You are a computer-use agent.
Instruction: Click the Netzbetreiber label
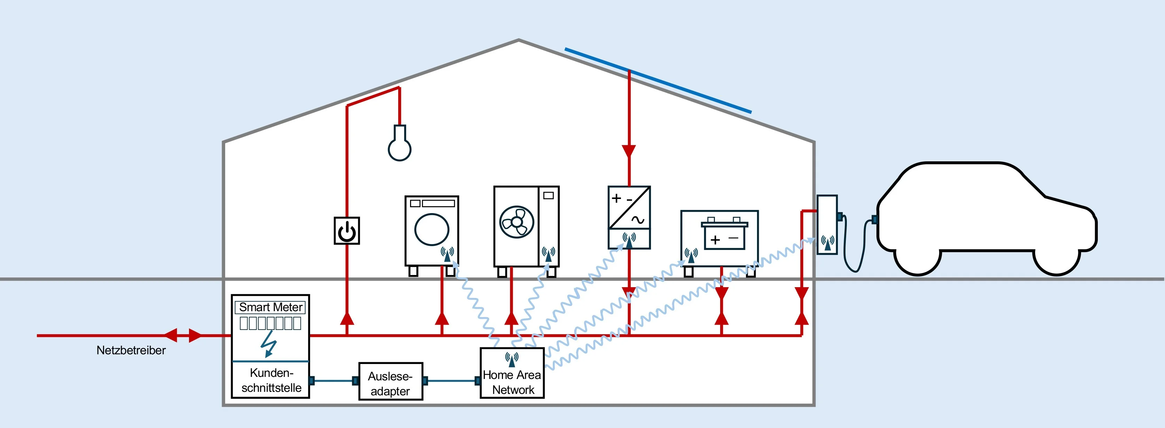pos(131,350)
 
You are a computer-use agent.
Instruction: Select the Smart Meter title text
pos(270,307)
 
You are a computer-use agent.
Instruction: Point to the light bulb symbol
pos(399,145)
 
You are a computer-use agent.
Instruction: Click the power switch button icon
pos(347,231)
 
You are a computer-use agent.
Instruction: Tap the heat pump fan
pos(517,222)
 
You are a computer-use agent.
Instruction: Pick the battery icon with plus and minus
pos(724,234)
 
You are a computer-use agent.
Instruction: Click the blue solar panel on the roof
pos(658,80)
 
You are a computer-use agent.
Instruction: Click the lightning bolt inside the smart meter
pos(269,344)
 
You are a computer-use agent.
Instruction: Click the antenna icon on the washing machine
pos(447,255)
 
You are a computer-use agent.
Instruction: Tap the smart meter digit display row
pos(270,323)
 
